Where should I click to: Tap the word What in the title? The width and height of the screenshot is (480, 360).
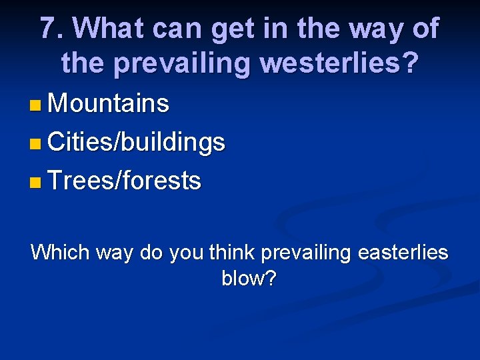click(109, 29)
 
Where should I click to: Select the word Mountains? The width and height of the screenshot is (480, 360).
click(109, 104)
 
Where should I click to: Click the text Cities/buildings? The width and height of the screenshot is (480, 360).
click(137, 143)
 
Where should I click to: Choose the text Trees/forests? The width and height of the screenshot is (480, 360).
click(125, 181)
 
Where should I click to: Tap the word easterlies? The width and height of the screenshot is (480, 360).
click(403, 253)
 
